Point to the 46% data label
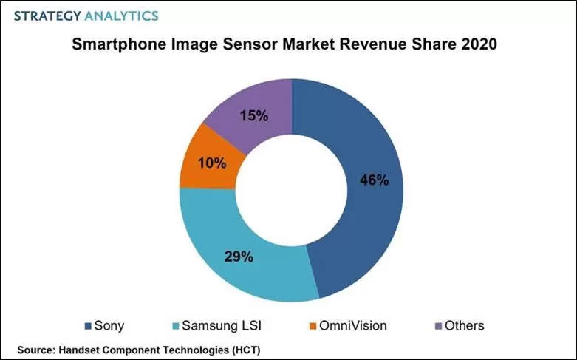tap(374, 180)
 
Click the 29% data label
tap(239, 257)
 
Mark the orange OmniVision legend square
tap(313, 326)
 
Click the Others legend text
tap(464, 326)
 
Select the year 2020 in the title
tap(477, 44)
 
